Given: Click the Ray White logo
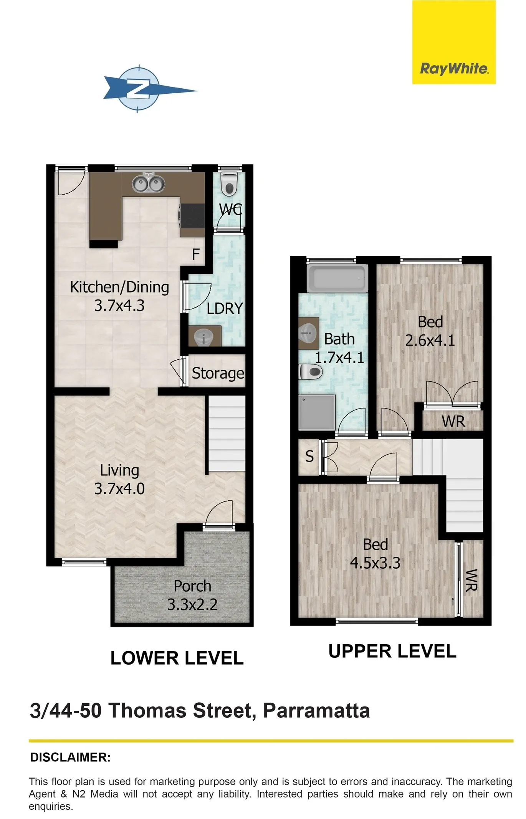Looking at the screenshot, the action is (454, 42).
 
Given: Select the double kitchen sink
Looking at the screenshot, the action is (149, 184).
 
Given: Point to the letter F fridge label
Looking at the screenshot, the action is (196, 254).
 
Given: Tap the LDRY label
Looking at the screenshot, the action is (225, 308).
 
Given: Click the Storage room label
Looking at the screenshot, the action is (218, 373).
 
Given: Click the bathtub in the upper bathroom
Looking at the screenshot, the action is (337, 278).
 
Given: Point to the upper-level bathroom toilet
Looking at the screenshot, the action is (311, 372).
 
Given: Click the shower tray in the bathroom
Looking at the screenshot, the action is (317, 412).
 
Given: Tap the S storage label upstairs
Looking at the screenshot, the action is (309, 457).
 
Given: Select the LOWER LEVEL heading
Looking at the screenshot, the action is (177, 658).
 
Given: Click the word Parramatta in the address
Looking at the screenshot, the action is (316, 710).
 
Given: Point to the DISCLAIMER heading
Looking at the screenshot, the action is (70, 758).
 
